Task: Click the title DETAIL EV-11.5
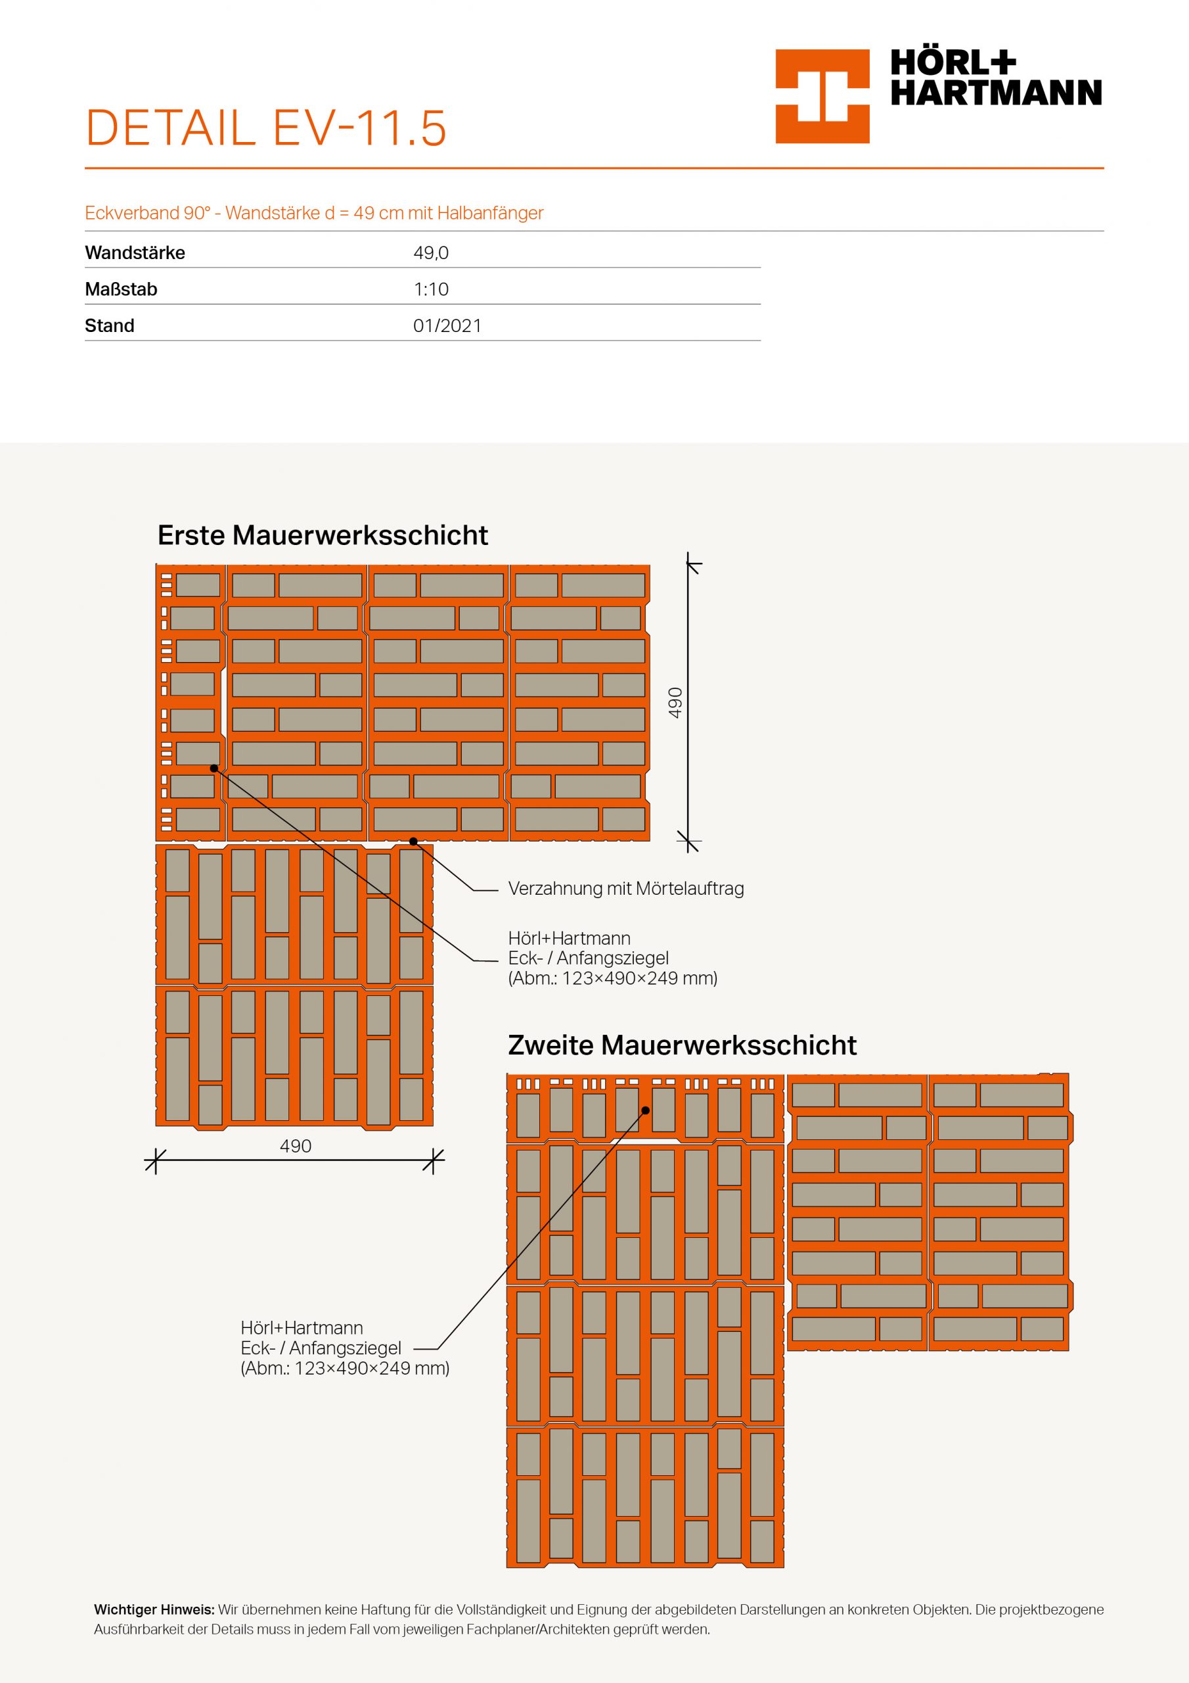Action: point(266,128)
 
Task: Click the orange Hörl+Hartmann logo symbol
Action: point(822,96)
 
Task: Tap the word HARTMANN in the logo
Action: point(996,93)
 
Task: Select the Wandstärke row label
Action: point(135,253)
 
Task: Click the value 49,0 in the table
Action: point(431,253)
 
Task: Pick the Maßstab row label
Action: point(121,289)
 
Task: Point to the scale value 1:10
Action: point(431,289)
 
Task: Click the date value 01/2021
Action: point(447,325)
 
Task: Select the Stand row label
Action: point(109,325)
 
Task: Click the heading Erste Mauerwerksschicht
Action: point(323,535)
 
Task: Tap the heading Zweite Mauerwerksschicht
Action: point(681,1045)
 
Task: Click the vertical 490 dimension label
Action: point(675,702)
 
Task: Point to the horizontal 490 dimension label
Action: point(295,1146)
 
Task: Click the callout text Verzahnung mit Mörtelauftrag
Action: point(625,889)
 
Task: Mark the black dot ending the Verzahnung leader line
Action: point(413,841)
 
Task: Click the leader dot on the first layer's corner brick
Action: point(214,769)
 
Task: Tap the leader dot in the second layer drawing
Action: point(646,1110)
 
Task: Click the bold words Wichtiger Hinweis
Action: point(154,1610)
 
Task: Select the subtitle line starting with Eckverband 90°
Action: point(314,213)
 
